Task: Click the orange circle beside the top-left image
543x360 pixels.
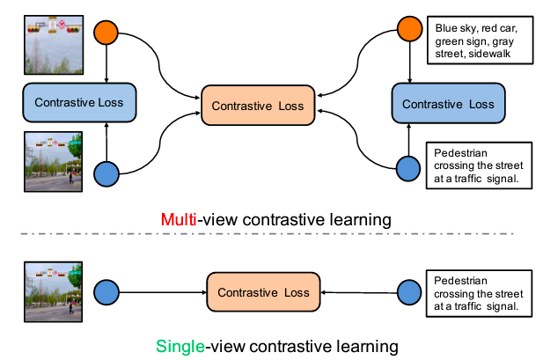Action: click(x=106, y=32)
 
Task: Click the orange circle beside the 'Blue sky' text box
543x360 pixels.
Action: click(x=408, y=29)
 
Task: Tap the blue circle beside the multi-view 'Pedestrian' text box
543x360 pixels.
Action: click(x=408, y=167)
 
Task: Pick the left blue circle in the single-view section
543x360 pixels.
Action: click(x=106, y=291)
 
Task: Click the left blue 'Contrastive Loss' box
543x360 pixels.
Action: click(x=78, y=102)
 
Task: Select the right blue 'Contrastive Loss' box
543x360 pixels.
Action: click(x=447, y=102)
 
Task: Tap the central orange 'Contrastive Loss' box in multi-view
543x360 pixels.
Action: click(x=257, y=105)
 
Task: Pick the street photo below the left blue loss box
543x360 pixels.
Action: click(x=52, y=162)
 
